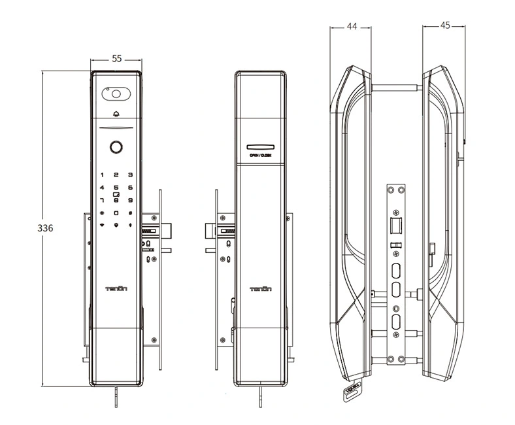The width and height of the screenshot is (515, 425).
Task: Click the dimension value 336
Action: click(x=44, y=228)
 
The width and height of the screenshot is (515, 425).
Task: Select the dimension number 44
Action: click(x=352, y=26)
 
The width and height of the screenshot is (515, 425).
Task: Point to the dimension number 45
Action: click(x=445, y=26)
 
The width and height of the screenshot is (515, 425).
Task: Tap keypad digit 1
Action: click(x=102, y=175)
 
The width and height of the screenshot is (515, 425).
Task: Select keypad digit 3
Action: click(x=130, y=175)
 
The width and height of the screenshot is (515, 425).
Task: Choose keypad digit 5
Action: click(x=116, y=188)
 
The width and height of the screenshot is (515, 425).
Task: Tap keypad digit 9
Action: click(x=130, y=200)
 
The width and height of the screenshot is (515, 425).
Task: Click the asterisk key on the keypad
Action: click(x=102, y=213)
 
